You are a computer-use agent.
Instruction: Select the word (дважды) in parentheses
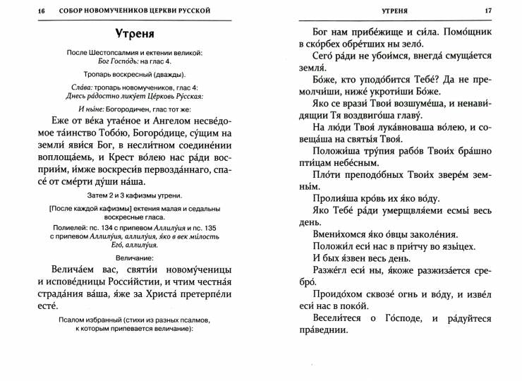pyautogui.click(x=168, y=73)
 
